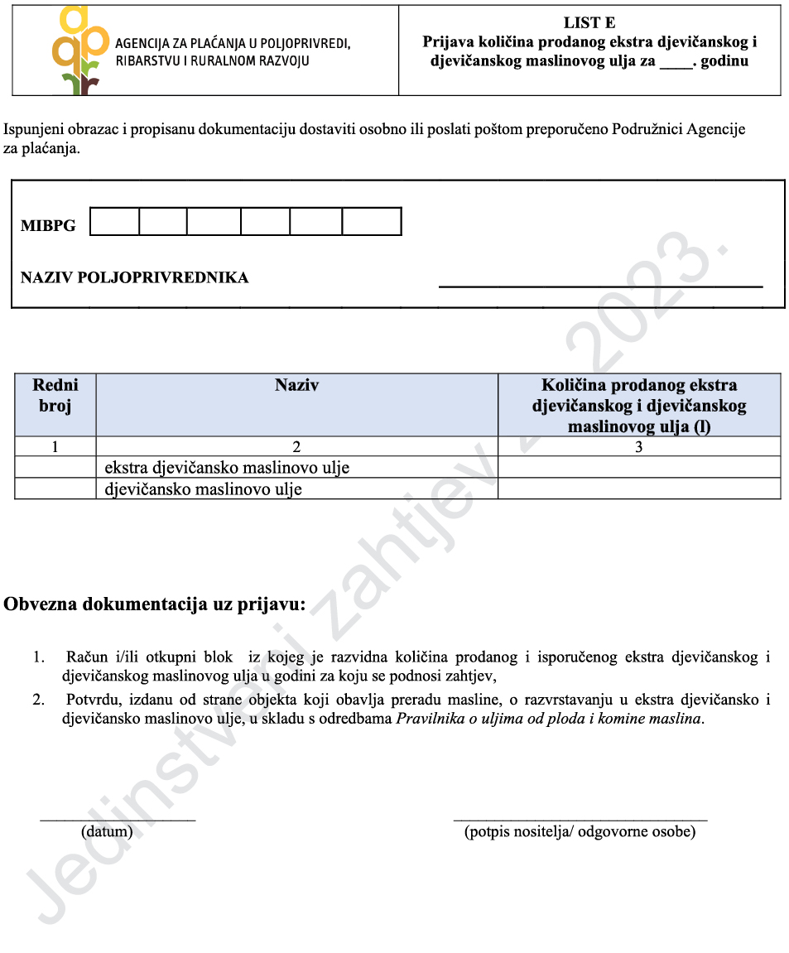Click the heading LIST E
(x=589, y=23)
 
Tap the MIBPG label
(x=48, y=225)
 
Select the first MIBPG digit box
(x=114, y=222)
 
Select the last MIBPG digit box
(x=371, y=222)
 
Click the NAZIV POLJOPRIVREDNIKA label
(x=134, y=278)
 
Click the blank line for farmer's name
(x=600, y=286)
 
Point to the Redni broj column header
(x=55, y=396)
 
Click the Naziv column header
(x=296, y=386)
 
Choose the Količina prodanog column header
(x=638, y=406)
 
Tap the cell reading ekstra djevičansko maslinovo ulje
(x=227, y=468)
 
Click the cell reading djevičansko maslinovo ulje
(x=203, y=489)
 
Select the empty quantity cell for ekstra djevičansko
(x=638, y=468)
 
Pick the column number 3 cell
(x=638, y=447)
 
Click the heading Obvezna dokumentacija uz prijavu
(x=155, y=604)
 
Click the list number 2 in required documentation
(x=39, y=700)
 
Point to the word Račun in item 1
(x=86, y=658)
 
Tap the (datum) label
(x=107, y=831)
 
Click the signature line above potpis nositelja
(x=580, y=819)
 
